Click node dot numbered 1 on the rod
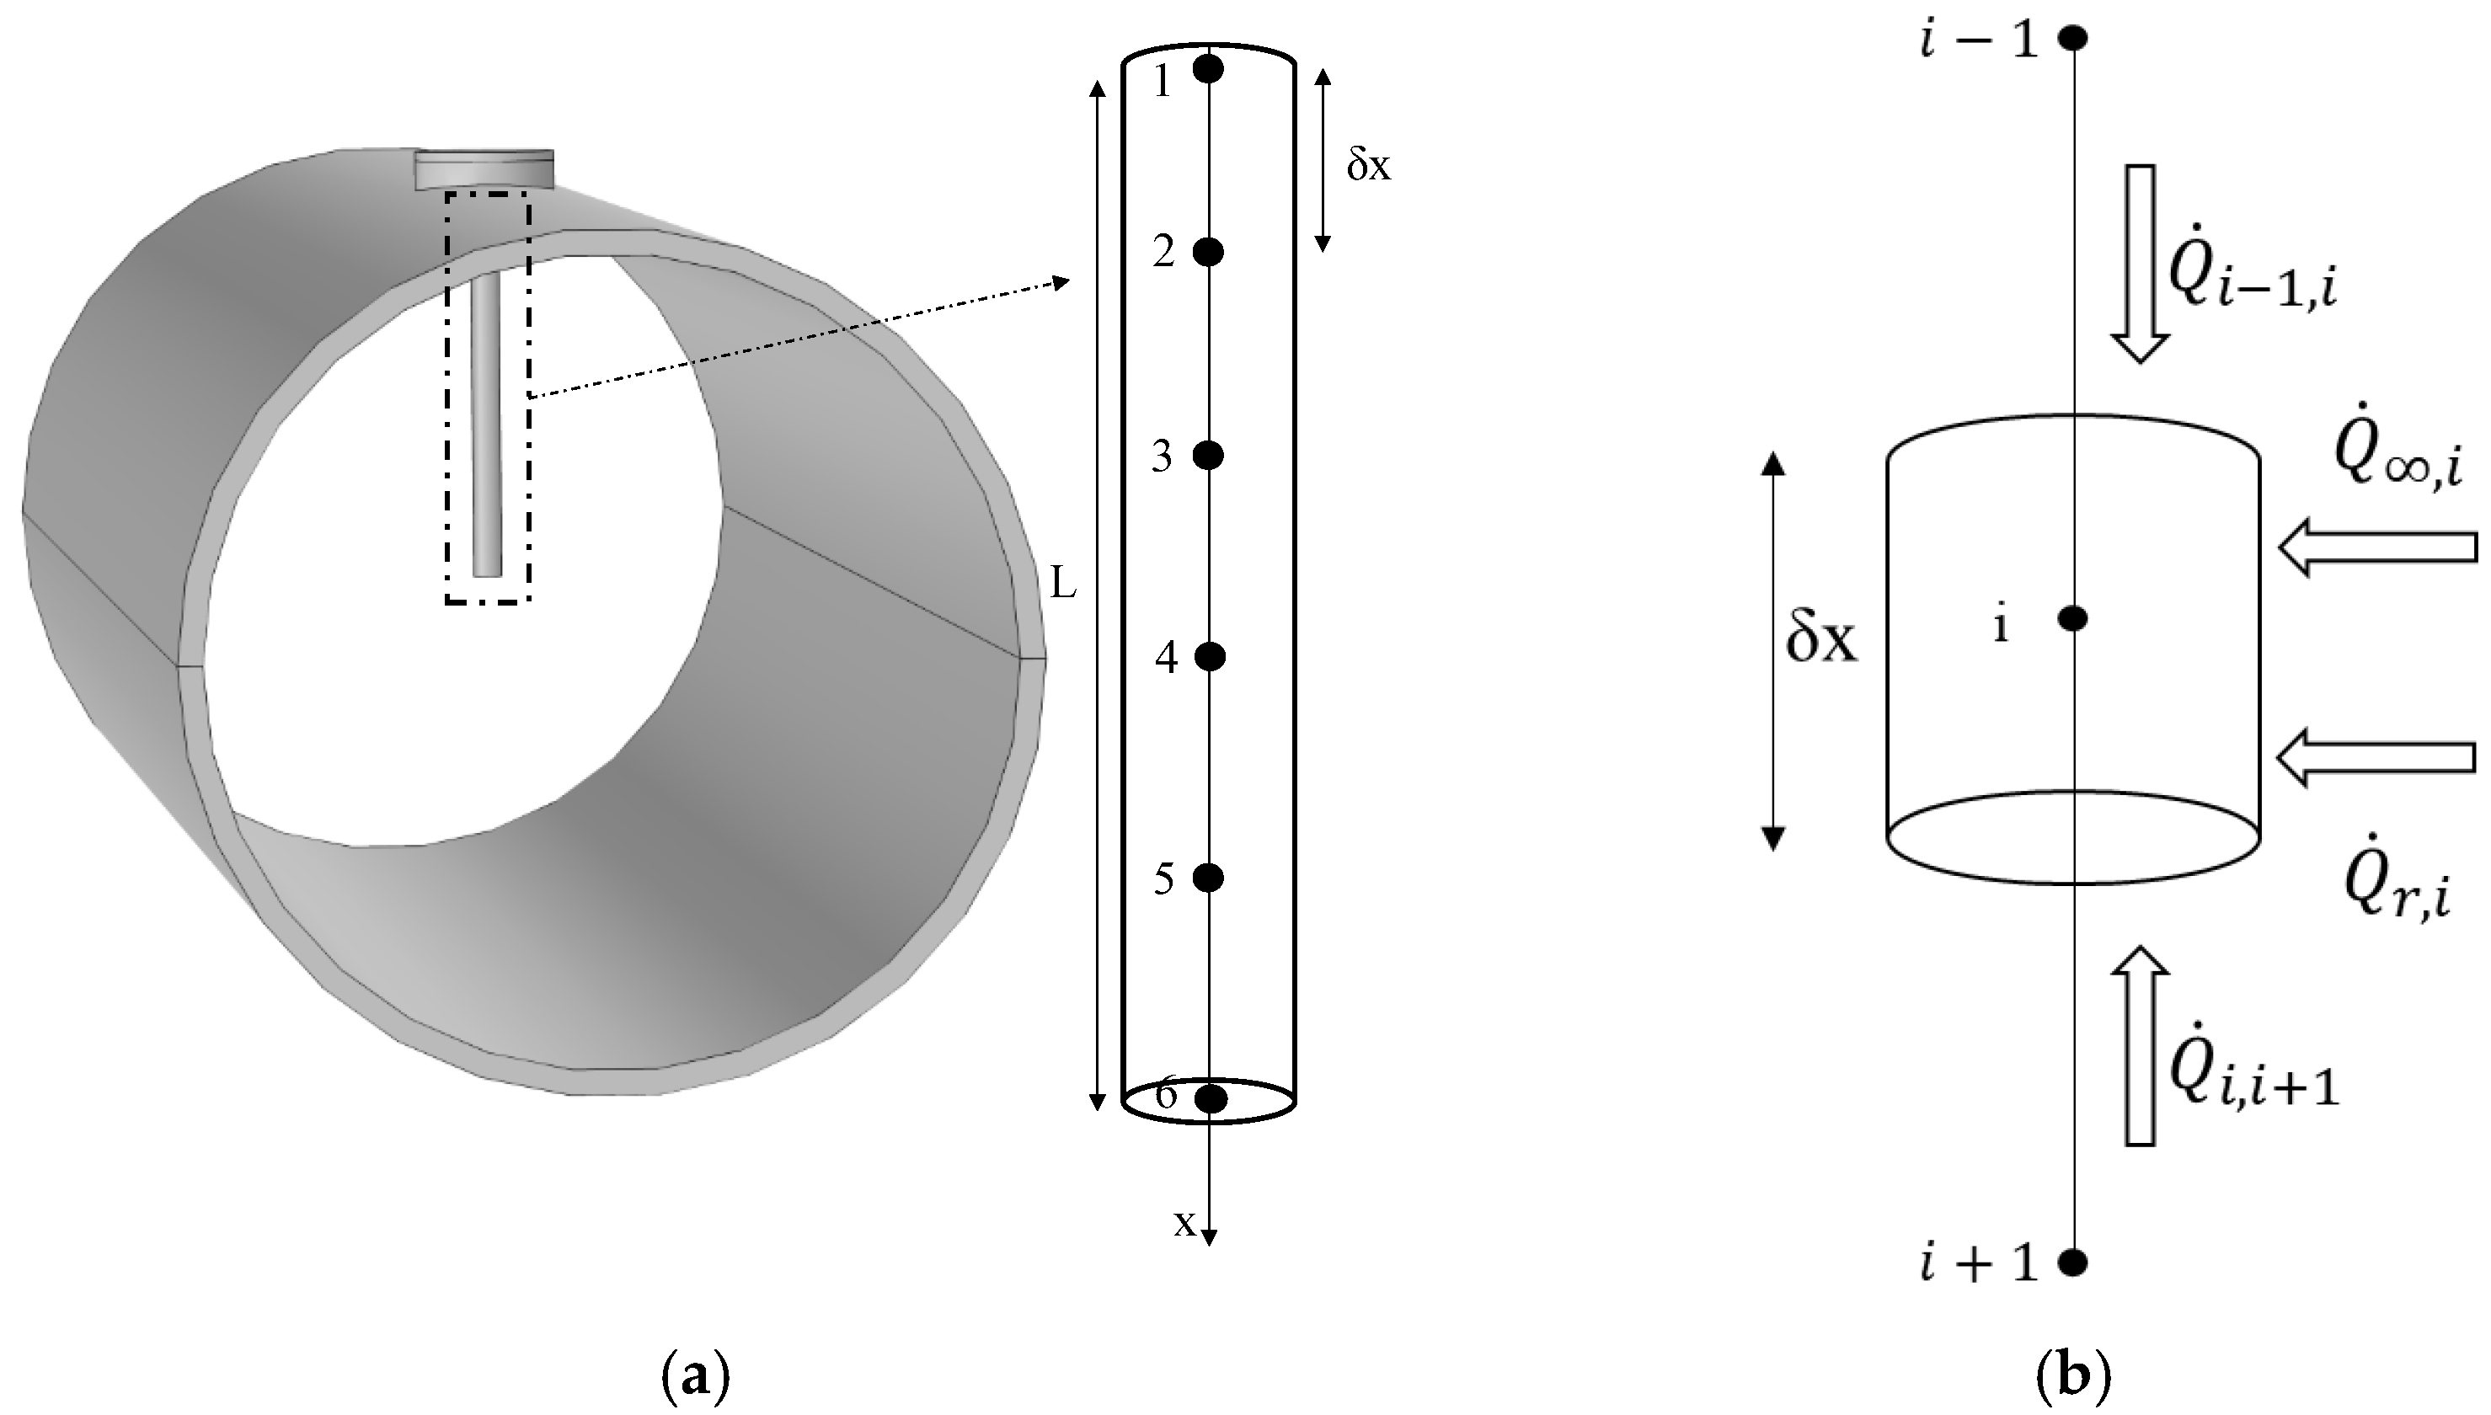point(1208,68)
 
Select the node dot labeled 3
point(1208,455)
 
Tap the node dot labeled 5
point(1208,878)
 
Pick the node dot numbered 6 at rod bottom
point(1210,1099)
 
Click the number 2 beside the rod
point(1164,253)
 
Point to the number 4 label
point(1166,658)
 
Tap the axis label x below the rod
point(1184,1224)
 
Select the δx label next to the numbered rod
point(1368,166)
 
